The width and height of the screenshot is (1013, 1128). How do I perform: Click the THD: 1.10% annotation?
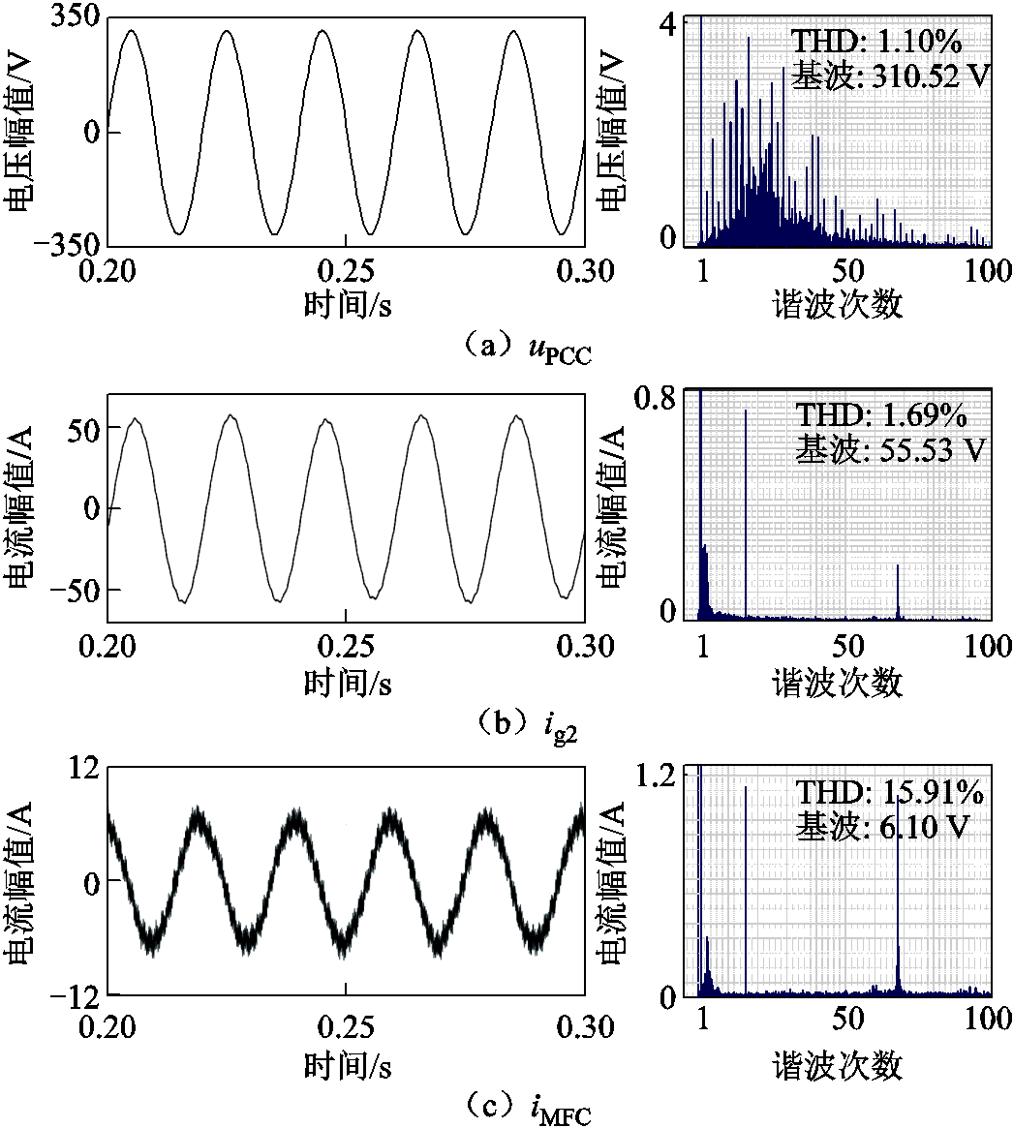(879, 42)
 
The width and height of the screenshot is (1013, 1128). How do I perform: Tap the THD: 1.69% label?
(881, 415)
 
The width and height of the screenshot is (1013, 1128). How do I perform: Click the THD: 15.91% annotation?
(889, 794)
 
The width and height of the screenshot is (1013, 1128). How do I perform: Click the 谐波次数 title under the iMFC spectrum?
(838, 1066)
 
